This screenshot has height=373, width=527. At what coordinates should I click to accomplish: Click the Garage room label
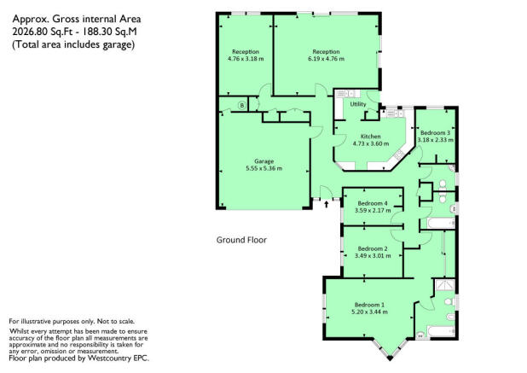tap(263, 161)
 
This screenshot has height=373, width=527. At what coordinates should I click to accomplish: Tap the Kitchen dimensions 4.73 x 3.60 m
tap(371, 143)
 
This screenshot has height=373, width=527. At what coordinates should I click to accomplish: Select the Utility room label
tap(358, 104)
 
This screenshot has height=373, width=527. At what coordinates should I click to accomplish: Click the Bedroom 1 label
tap(369, 305)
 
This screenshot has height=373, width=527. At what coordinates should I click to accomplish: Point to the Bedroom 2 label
tap(373, 248)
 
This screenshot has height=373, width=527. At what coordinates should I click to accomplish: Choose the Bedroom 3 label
tap(435, 133)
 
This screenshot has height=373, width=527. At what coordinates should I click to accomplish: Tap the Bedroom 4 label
tap(373, 203)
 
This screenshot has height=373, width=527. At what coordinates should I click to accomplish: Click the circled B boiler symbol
tap(241, 106)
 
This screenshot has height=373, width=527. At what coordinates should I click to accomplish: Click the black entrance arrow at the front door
tap(326, 204)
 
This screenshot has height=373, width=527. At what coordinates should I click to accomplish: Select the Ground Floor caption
tap(241, 240)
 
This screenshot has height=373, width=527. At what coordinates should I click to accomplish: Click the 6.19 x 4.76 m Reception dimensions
tap(326, 59)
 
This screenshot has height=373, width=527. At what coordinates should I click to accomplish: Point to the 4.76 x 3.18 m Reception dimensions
tap(246, 59)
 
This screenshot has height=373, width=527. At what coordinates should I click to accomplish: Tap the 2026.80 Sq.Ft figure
tap(45, 32)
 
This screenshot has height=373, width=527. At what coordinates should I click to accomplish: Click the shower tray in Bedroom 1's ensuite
tap(444, 284)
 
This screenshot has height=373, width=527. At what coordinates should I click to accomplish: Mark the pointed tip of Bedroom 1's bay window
tap(390, 359)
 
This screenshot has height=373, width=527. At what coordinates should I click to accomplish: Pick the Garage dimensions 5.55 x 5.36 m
tap(263, 168)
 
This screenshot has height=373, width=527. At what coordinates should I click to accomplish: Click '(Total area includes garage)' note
tap(73, 44)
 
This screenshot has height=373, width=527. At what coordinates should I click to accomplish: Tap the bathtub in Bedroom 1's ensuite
tap(441, 331)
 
